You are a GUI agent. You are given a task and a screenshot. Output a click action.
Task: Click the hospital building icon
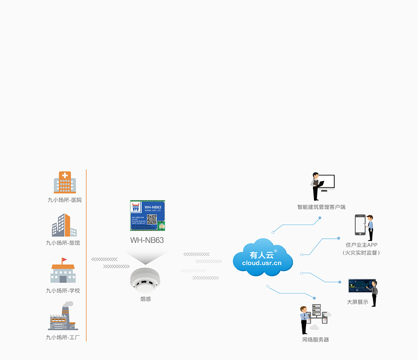pos(65,183)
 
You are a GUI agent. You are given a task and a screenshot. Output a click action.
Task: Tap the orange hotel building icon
pos(64,226)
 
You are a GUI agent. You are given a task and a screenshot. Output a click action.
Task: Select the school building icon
pos(63,272)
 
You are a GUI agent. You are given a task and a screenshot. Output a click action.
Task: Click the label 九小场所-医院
pos(64,200)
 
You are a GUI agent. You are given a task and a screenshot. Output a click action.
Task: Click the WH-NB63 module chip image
pos(147,216)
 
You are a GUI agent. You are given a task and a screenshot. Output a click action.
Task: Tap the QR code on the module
pos(151,219)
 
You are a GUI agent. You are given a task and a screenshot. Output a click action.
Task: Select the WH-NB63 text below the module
pos(147,240)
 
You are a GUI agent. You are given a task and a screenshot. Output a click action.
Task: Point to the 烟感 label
pos(145,299)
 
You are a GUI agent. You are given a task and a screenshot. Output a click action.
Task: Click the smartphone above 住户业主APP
pos(360,224)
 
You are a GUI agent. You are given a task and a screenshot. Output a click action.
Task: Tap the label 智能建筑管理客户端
pos(321,207)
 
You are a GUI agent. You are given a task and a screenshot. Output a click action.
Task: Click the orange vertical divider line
pos(86,255)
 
